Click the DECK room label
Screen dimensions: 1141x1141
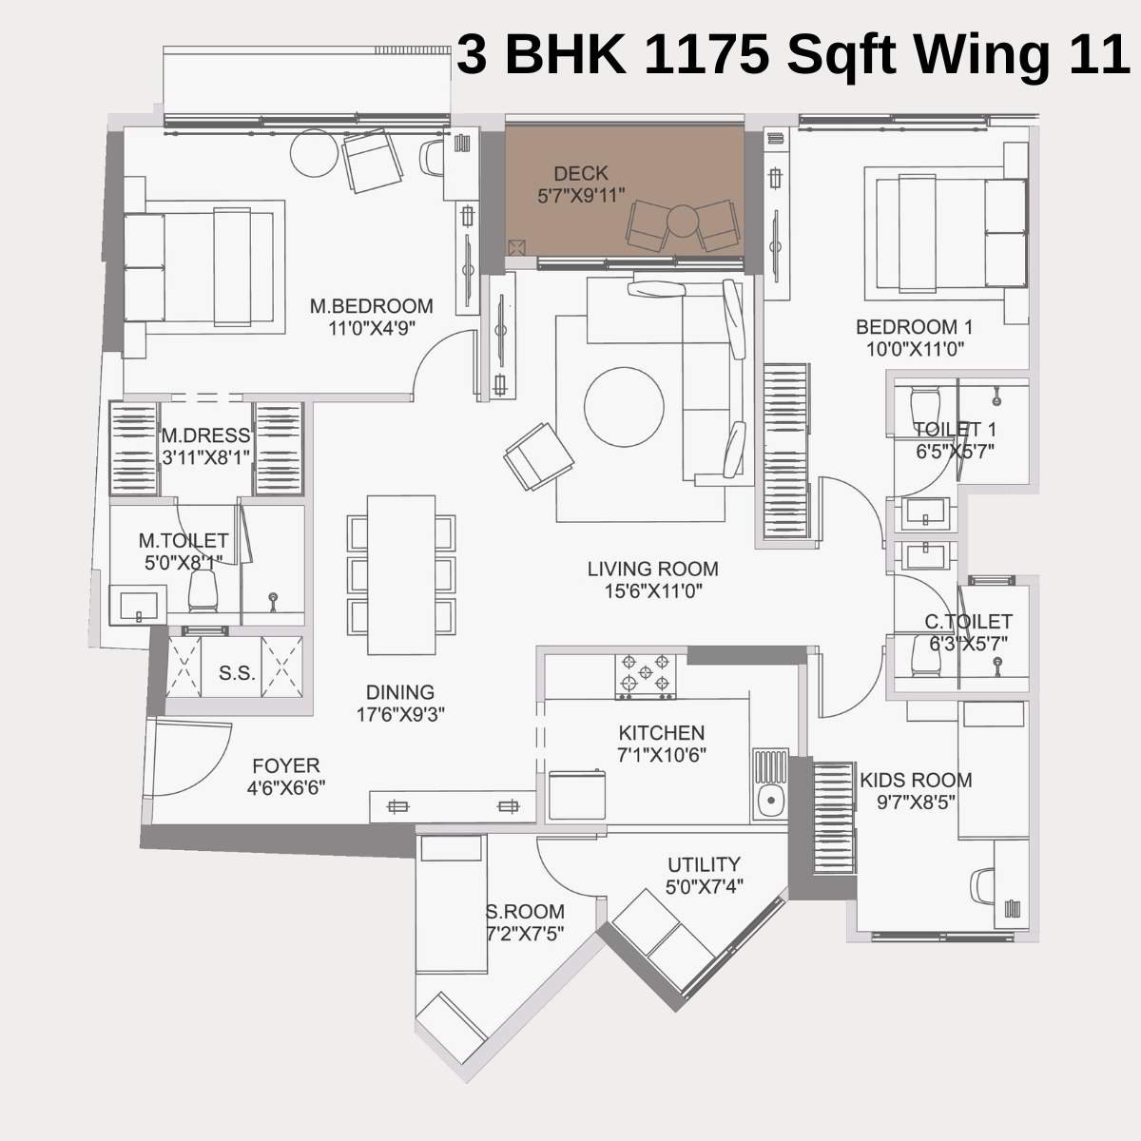580,173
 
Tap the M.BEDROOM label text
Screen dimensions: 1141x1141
371,306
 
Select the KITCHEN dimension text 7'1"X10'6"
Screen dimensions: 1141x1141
661,755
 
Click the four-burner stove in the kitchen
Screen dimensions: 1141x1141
646,674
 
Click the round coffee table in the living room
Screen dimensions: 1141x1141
624,407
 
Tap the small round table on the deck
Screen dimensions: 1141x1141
682,220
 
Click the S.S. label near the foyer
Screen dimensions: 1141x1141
237,673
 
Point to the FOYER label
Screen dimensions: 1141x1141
285,765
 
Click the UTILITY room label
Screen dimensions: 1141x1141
704,864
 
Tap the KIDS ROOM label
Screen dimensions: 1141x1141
916,781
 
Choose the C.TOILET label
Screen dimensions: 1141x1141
968,621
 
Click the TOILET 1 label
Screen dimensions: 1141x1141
955,429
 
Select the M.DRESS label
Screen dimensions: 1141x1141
205,435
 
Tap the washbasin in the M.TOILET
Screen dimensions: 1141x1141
139,605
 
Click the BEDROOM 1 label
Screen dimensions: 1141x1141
914,327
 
